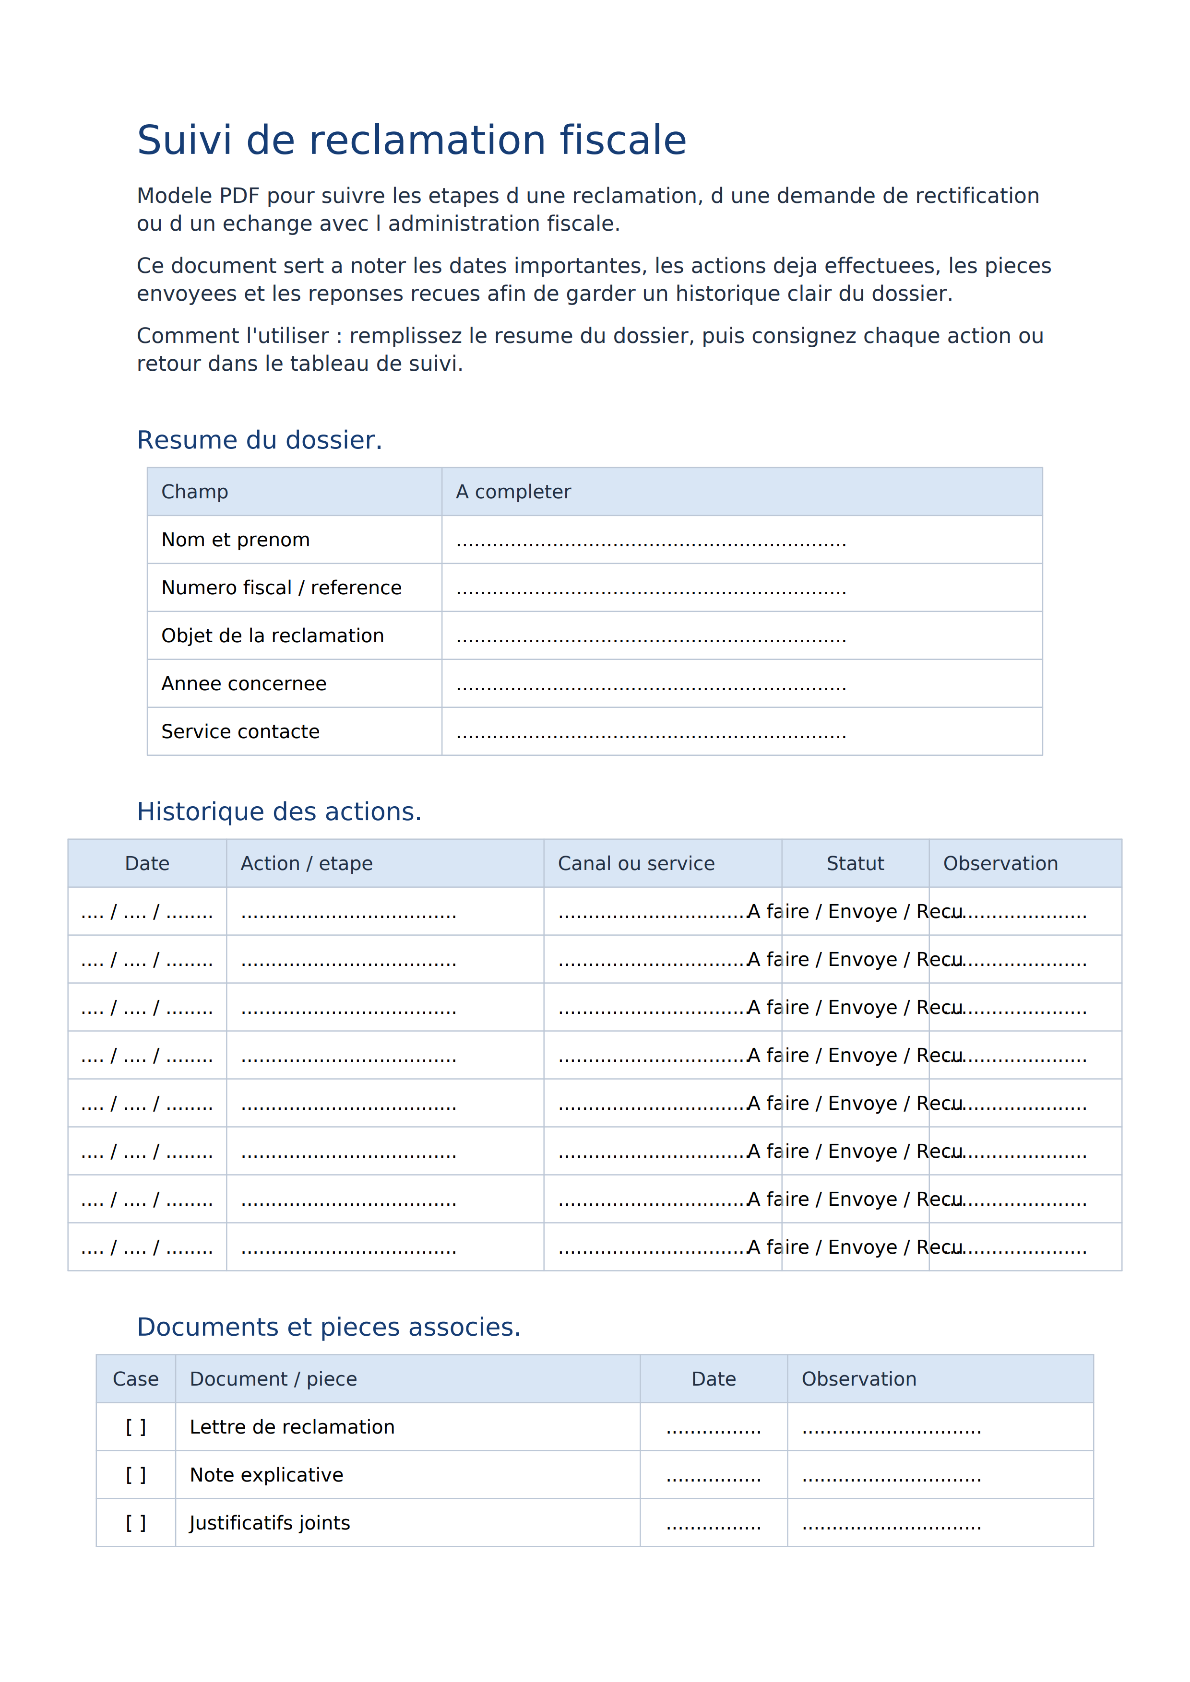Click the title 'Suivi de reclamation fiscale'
(x=411, y=140)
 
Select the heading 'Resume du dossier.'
(x=260, y=440)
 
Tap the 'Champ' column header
(x=195, y=492)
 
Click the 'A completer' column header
(x=513, y=492)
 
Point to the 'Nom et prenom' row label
(x=235, y=540)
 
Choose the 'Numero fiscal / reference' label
(x=281, y=588)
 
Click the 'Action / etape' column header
(x=306, y=864)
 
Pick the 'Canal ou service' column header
(x=636, y=864)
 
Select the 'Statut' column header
(x=855, y=864)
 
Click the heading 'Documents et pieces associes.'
(x=328, y=1328)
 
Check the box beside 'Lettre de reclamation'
(x=136, y=1427)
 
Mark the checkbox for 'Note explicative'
(x=136, y=1475)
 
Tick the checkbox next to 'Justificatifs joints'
(x=136, y=1523)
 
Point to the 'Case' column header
(x=136, y=1379)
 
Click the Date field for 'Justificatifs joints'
(x=714, y=1525)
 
